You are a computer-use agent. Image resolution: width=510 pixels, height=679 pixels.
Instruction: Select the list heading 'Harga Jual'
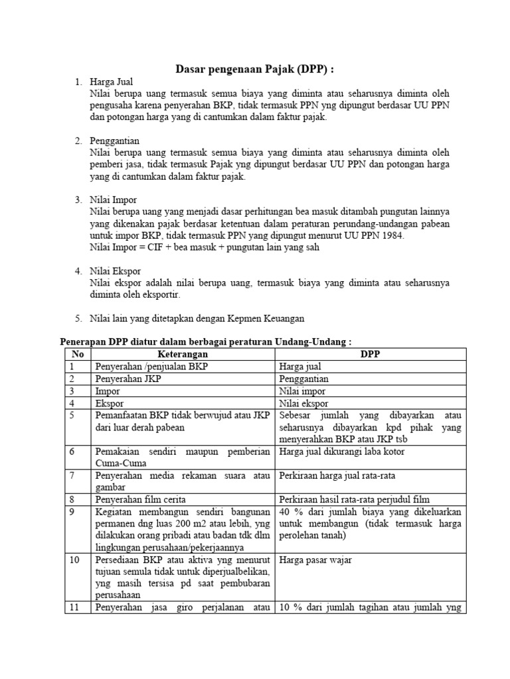coord(112,82)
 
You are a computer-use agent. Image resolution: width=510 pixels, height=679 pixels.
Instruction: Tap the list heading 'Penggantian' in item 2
coord(116,141)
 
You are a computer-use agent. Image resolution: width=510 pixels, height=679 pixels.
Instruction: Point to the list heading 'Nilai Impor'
coord(114,200)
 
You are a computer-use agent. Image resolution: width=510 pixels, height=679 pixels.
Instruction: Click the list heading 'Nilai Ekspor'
coord(116,271)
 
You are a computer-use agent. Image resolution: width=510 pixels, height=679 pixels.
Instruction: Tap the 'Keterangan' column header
coord(182,354)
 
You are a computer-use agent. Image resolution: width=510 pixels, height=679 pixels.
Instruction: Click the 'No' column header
coord(77,354)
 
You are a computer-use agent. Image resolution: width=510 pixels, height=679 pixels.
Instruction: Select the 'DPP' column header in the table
coord(370,354)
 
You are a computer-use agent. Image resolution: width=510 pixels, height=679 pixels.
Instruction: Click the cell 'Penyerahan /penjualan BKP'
coord(147,367)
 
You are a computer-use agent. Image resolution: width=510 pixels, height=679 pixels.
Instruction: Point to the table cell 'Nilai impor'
coord(303,391)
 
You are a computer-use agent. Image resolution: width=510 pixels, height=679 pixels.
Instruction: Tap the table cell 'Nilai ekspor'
coord(304,402)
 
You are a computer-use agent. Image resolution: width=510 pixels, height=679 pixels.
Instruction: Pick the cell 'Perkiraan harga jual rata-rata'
coord(340,476)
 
